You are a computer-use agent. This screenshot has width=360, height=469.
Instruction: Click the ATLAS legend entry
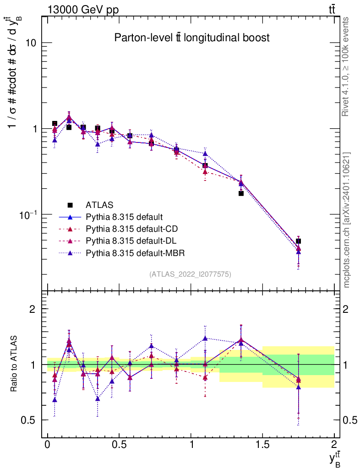tap(99, 205)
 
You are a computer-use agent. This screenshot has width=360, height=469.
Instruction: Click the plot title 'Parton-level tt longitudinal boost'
tap(191, 38)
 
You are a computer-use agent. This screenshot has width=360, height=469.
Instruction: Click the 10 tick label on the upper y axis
tap(31, 43)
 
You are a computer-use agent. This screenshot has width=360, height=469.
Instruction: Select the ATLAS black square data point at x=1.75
tap(298, 241)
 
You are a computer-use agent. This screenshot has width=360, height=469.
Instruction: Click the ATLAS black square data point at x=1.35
tap(241, 193)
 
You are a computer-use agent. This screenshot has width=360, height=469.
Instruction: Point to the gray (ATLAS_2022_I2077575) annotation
tap(190, 274)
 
